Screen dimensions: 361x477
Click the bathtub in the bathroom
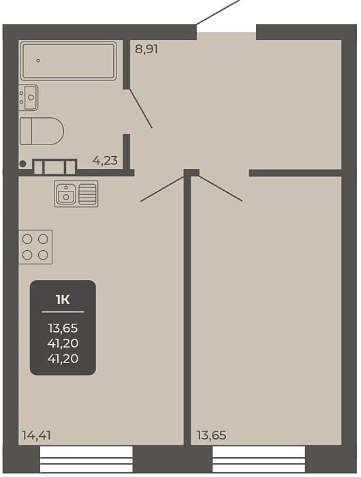coord(68,61)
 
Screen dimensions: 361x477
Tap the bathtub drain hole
coord(38,61)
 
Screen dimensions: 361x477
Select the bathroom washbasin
coord(29,97)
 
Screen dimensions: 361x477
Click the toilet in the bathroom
coord(42,131)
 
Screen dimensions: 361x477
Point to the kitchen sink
coord(76,194)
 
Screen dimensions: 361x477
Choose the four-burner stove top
coord(35,247)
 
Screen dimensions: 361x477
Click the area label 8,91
coord(146,49)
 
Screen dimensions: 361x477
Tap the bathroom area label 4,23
coord(105,160)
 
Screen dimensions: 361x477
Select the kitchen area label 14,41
coord(36,435)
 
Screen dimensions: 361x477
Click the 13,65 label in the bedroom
coord(211,435)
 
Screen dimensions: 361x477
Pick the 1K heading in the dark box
coord(63,300)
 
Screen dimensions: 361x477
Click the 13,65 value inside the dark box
coord(63,328)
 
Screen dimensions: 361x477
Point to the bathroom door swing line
coord(141,108)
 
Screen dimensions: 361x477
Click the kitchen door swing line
coord(163,188)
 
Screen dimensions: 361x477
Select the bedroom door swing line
coord(221,188)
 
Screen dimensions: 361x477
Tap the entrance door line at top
coord(219,12)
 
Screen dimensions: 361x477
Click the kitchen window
coord(87,459)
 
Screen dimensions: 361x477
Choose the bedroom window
coord(259,459)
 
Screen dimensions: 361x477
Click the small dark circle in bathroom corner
coord(22,164)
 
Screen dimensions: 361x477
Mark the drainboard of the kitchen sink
coord(88,194)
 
